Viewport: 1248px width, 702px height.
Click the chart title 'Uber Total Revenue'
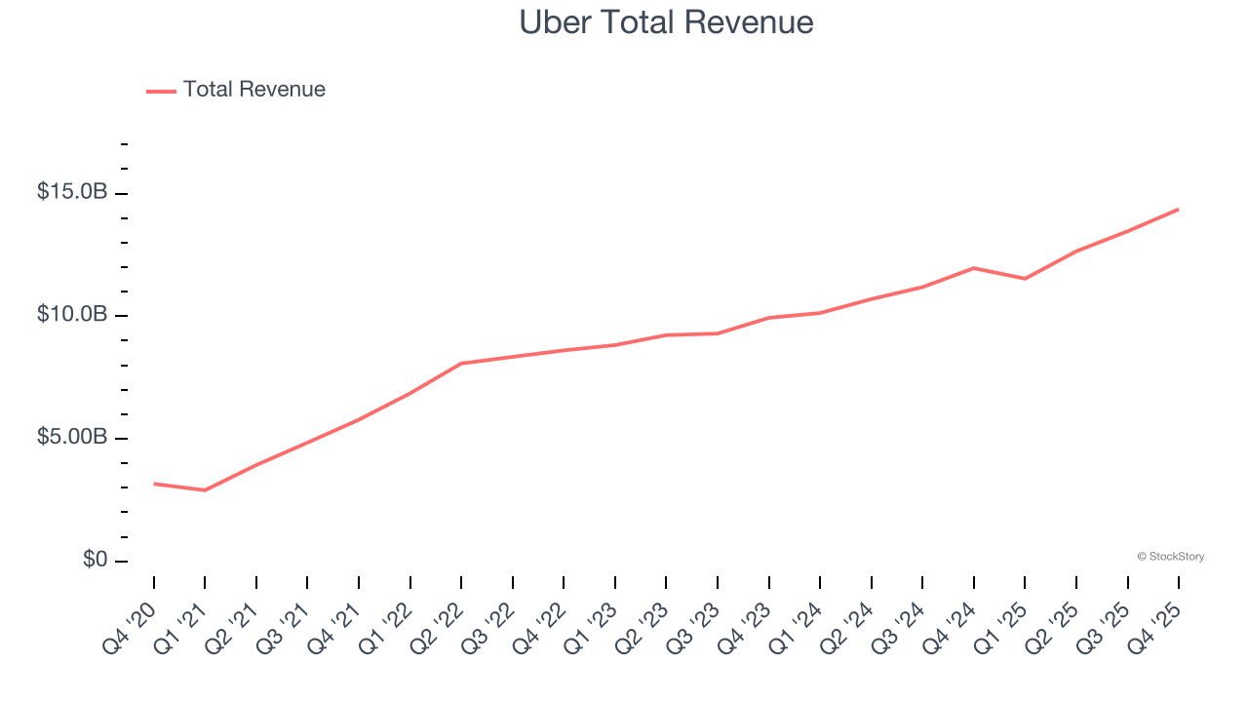tap(666, 21)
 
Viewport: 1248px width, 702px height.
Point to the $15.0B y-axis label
tap(72, 192)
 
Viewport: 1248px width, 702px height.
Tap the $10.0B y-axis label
tap(72, 315)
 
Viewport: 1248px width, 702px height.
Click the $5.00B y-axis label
tap(72, 438)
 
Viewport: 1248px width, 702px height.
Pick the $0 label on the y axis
tap(96, 561)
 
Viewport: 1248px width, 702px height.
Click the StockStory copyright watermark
tap(1170, 557)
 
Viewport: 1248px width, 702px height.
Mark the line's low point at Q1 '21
tap(205, 490)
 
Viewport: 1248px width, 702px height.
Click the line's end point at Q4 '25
tap(1178, 209)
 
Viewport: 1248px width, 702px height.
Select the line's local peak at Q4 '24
tap(973, 267)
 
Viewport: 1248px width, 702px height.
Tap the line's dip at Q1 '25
tap(1025, 279)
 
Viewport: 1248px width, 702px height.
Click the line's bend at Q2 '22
tap(461, 364)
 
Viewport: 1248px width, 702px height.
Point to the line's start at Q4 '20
tap(154, 484)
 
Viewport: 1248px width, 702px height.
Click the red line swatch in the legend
tap(161, 91)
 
